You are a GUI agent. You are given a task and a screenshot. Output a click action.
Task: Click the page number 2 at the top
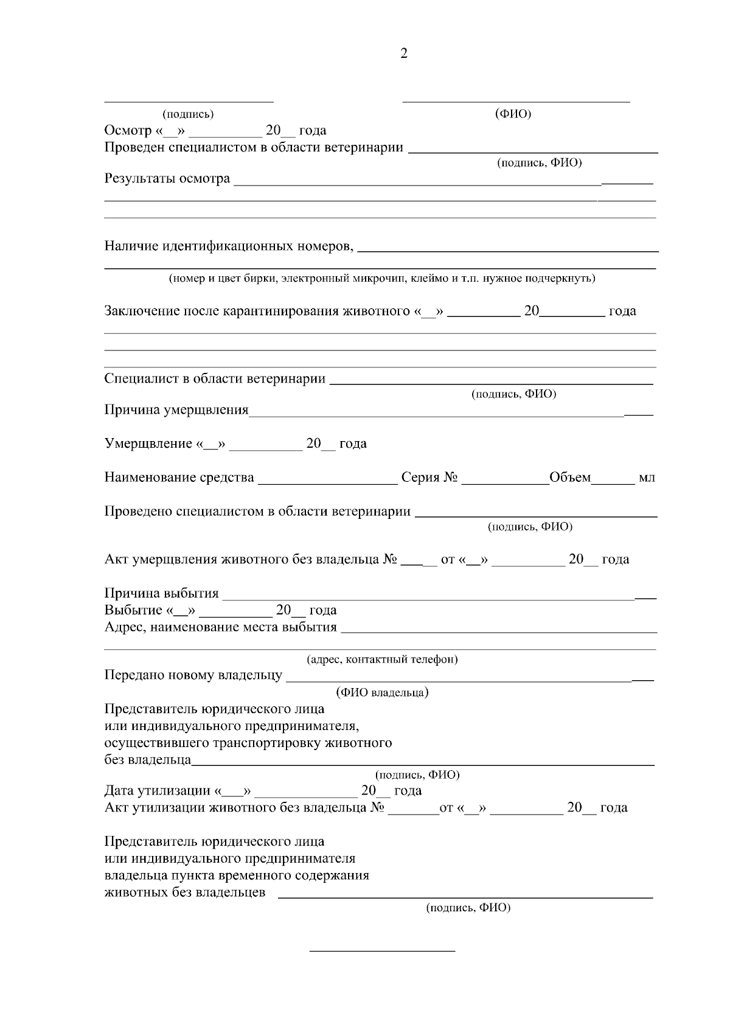(404, 54)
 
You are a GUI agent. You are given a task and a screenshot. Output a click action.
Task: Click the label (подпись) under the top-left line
(188, 114)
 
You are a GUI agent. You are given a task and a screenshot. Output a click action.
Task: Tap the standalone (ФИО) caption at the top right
(513, 114)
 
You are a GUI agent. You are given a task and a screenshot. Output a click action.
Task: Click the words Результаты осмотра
(167, 179)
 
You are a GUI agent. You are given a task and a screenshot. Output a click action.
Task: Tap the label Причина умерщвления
(176, 410)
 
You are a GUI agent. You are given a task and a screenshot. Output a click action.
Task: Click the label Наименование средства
(179, 478)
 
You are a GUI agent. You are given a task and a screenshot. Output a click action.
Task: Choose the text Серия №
(429, 478)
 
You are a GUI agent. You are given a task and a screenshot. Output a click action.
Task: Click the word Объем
(570, 478)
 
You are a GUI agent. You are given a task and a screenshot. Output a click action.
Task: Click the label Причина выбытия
(162, 593)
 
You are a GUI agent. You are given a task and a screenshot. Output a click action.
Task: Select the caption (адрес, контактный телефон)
(382, 659)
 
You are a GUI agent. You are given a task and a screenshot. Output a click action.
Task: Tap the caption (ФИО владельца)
(382, 693)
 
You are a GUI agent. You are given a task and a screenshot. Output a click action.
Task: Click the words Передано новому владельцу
(193, 675)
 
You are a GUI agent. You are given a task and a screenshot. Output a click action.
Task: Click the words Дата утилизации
(157, 791)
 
